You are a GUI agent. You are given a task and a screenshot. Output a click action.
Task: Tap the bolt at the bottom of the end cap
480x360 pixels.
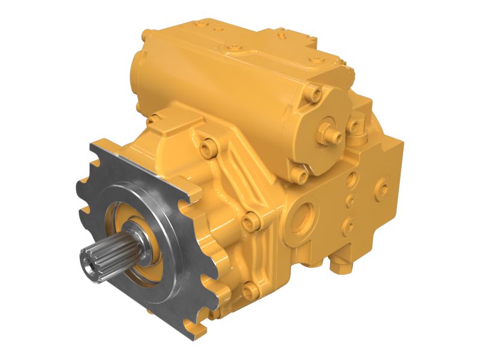click(303, 175)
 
